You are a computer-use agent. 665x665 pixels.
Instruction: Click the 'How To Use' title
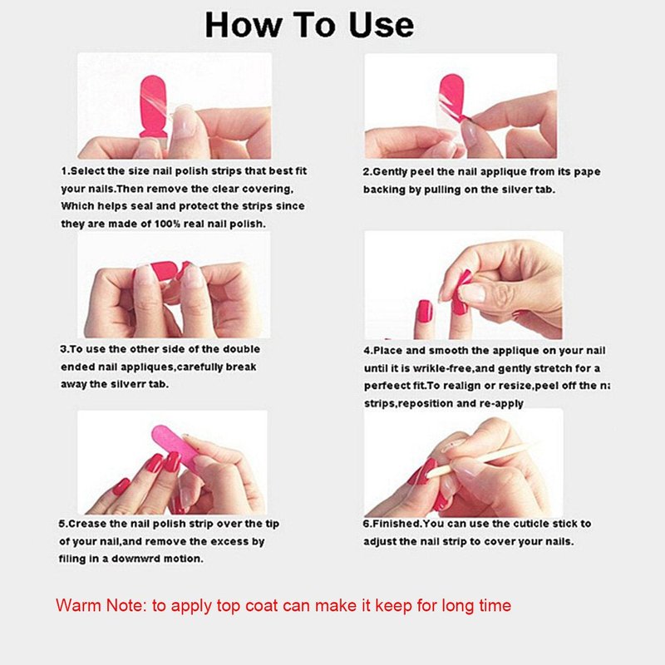coord(309,25)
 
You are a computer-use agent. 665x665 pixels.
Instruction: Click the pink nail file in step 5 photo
coord(174,446)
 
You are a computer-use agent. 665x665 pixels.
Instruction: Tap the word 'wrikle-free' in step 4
coord(443,368)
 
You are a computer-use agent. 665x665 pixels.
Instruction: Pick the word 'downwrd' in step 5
coord(135,559)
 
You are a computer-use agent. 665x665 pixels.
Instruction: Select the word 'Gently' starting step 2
coord(389,172)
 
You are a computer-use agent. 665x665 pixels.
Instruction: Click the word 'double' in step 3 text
coord(241,349)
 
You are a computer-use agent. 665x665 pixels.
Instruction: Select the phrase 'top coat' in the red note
coord(246,606)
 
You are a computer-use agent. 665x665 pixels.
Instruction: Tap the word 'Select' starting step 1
coord(87,171)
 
